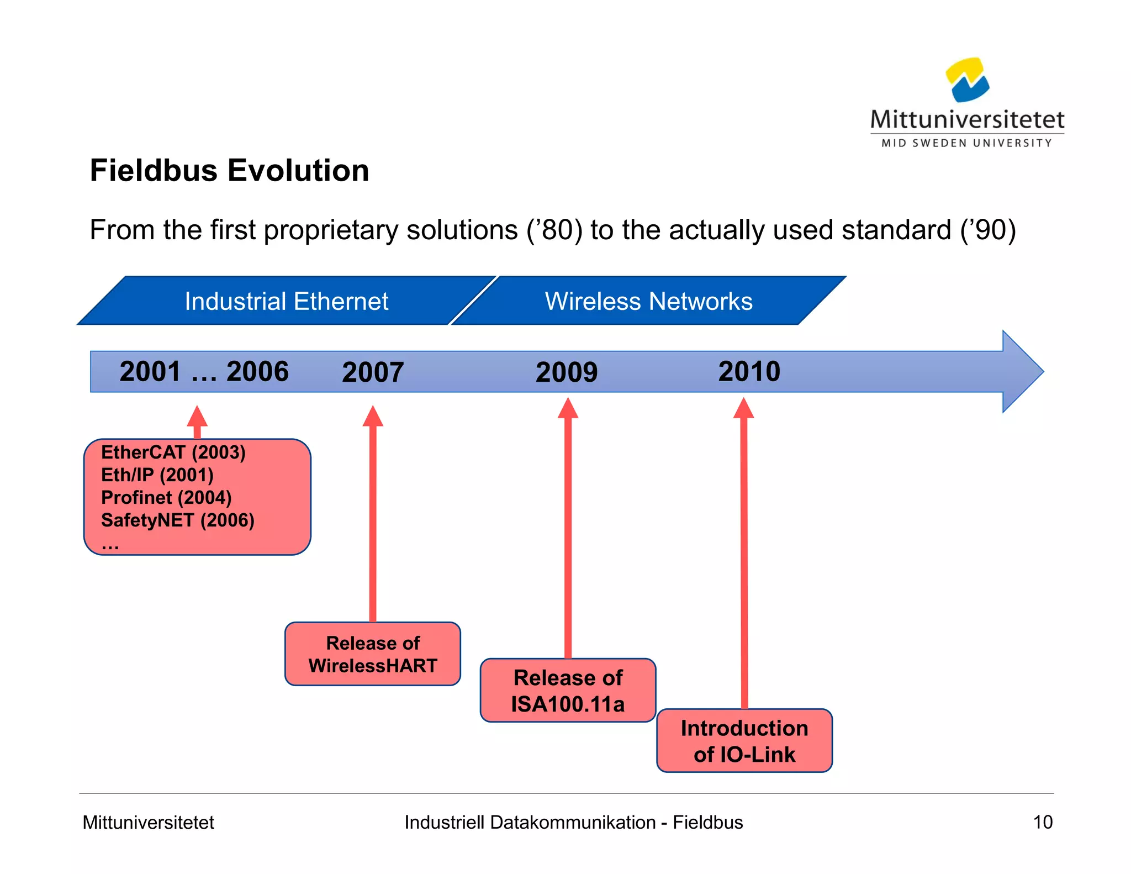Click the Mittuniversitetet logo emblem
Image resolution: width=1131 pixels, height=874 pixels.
(967, 81)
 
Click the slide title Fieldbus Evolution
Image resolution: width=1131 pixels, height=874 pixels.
(229, 170)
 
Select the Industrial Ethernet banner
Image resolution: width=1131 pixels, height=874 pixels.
(286, 301)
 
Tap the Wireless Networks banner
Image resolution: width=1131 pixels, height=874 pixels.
(648, 301)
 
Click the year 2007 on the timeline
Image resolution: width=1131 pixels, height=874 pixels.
(373, 372)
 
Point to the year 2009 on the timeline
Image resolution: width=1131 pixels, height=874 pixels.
(567, 372)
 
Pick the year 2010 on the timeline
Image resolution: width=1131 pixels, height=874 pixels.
(749, 371)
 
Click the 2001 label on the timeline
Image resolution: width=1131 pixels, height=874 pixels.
(150, 371)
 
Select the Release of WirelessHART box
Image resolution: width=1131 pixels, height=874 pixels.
(373, 654)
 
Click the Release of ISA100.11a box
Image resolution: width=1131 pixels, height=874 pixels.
(568, 691)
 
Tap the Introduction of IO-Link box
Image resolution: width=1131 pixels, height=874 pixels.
(744, 741)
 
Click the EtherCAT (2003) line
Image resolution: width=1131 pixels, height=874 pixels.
(173, 452)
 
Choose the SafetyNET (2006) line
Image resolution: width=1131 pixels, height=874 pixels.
(178, 520)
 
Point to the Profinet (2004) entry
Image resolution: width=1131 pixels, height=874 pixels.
(166, 498)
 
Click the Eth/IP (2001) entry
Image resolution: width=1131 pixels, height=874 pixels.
(157, 475)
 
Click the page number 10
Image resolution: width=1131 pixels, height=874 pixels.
(1043, 822)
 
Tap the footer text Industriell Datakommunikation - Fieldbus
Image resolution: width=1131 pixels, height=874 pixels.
(573, 822)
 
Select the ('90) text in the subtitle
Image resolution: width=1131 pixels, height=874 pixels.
(988, 230)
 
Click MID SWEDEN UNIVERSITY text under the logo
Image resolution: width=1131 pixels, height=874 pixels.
(966, 143)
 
